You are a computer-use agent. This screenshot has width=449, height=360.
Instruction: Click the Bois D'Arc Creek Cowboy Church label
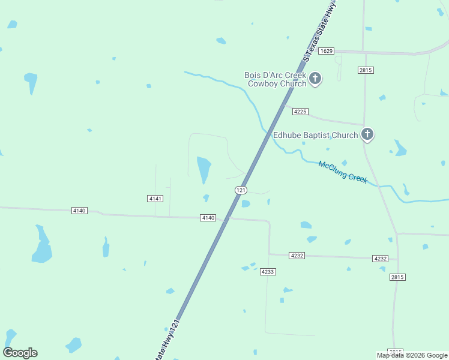click(x=275, y=79)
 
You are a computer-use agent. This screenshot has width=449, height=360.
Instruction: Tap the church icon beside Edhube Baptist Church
click(x=367, y=135)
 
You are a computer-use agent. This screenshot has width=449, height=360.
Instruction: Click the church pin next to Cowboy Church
click(x=315, y=79)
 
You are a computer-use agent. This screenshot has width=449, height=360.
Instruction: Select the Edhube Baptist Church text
click(x=315, y=136)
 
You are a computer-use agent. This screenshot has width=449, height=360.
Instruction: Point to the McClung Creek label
click(x=343, y=172)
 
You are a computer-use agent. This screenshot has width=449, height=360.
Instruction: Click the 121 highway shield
click(x=241, y=190)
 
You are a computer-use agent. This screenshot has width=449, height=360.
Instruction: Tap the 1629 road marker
click(x=326, y=51)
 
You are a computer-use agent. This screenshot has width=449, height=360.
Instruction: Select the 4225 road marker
click(x=300, y=112)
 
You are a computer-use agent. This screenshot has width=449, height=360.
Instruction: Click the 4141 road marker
click(x=155, y=199)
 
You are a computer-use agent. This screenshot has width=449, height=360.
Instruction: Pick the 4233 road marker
click(x=268, y=272)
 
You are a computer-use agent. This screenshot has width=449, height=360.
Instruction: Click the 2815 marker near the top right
click(x=366, y=70)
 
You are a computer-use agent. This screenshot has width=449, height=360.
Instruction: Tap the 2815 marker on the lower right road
click(x=397, y=277)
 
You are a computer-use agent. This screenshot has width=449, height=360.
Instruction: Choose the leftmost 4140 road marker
click(x=79, y=211)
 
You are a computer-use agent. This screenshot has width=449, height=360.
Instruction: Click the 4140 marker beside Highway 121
click(x=208, y=218)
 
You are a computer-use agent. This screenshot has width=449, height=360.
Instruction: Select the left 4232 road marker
click(x=297, y=256)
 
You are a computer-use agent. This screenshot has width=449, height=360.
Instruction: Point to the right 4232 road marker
click(x=380, y=259)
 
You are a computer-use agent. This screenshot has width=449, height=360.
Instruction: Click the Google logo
click(x=20, y=353)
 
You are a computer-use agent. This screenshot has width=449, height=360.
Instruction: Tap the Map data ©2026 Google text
click(x=412, y=355)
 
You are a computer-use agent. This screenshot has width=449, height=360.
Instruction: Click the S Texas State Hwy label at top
click(x=319, y=31)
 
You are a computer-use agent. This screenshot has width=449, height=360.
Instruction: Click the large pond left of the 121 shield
click(x=204, y=170)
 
